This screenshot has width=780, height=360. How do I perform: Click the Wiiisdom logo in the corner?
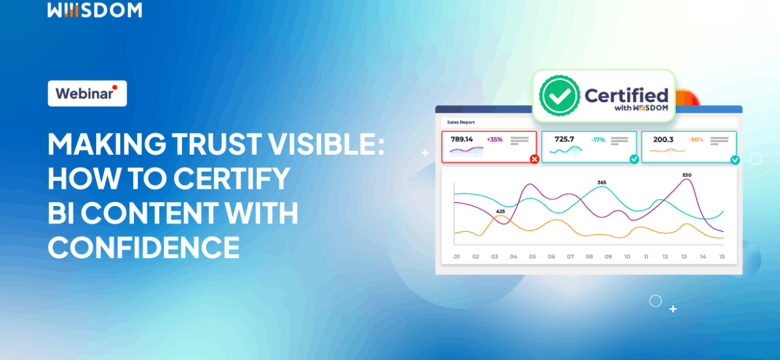(94, 9)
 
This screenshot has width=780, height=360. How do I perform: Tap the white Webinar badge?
(87, 93)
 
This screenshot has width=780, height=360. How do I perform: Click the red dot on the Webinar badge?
(115, 87)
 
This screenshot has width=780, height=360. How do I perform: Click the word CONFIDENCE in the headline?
(143, 248)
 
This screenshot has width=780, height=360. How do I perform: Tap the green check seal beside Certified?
(559, 96)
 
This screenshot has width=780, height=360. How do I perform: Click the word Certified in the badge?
(626, 95)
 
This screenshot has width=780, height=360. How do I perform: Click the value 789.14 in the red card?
(462, 139)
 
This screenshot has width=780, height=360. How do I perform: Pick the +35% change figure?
(495, 139)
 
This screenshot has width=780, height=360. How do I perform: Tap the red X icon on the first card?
(534, 159)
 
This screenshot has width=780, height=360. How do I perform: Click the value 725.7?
(564, 139)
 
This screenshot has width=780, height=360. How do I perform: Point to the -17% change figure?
(597, 139)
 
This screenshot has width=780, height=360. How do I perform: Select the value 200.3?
(663, 139)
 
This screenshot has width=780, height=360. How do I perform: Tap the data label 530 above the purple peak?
(687, 175)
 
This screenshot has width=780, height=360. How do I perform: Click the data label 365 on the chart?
(602, 182)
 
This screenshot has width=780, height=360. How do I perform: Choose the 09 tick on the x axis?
(608, 257)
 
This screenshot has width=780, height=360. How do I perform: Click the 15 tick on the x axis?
(721, 257)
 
